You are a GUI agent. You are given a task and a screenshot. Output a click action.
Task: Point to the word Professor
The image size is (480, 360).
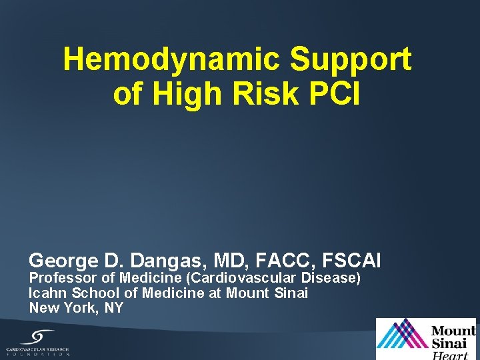point(58,277)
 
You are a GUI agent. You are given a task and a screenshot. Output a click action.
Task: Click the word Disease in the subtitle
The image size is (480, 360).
point(330,277)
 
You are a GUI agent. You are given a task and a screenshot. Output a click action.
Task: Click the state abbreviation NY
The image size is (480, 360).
point(113,308)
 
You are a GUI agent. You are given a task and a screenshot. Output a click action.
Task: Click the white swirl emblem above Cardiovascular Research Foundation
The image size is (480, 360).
point(38,336)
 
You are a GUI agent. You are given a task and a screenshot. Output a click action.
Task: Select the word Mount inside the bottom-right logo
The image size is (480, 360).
point(453,331)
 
